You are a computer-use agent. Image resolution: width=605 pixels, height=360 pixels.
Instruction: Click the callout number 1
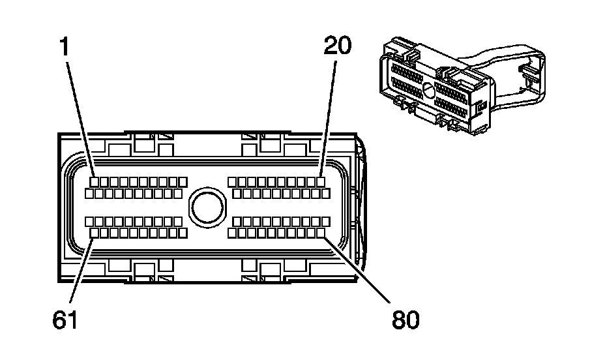pos(65,46)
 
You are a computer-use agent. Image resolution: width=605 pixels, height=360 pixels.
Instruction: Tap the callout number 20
pos(337,46)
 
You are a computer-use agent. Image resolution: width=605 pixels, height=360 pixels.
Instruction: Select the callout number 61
pos(65,320)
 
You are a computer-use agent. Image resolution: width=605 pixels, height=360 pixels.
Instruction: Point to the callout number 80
pos(406,320)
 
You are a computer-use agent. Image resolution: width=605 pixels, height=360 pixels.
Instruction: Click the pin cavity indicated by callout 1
pos(95,181)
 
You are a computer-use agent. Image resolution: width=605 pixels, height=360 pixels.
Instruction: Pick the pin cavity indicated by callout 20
pos(321,181)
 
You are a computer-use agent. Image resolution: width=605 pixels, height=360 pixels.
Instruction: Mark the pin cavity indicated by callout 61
pos(95,232)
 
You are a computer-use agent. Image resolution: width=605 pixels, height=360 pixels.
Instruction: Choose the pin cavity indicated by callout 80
pos(320,232)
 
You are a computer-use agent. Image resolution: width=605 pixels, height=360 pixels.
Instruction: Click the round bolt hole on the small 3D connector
pos(427,90)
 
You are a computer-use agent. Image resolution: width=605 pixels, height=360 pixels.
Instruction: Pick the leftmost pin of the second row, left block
pos(89,194)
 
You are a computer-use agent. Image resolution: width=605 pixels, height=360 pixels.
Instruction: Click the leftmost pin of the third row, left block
pos(89,221)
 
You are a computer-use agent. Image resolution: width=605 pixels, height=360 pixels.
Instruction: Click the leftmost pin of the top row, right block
pos(232,181)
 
